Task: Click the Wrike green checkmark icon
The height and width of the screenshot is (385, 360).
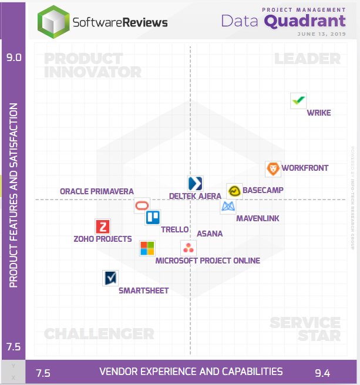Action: pos(299,100)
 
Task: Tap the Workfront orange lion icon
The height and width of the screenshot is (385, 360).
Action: pos(273,170)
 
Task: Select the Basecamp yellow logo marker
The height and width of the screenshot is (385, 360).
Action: pos(234,191)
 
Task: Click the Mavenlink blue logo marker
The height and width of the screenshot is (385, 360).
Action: pos(228,206)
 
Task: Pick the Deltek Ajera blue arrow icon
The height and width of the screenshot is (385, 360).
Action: pos(195,183)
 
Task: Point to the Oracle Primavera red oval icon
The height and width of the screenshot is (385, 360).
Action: pos(142,205)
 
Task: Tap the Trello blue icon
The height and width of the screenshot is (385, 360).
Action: pos(153,218)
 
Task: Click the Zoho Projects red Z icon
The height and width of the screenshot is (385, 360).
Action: pos(103,227)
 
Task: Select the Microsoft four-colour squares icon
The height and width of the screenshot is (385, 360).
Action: pos(147,248)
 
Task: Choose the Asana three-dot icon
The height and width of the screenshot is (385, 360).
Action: pos(188,248)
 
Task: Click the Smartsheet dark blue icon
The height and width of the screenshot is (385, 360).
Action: pos(110,278)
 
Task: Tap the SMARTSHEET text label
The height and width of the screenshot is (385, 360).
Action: pos(143,291)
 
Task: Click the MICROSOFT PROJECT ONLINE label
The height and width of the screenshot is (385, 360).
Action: pos(207,261)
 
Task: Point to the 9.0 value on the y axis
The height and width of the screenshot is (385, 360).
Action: pos(14,58)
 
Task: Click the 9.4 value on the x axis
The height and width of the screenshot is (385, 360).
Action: pos(322,373)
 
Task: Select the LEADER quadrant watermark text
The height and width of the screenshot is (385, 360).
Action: pos(307,59)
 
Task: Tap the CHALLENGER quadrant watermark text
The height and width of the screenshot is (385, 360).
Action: pos(99,334)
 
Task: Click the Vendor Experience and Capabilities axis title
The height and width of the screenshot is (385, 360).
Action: pos(191,372)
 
